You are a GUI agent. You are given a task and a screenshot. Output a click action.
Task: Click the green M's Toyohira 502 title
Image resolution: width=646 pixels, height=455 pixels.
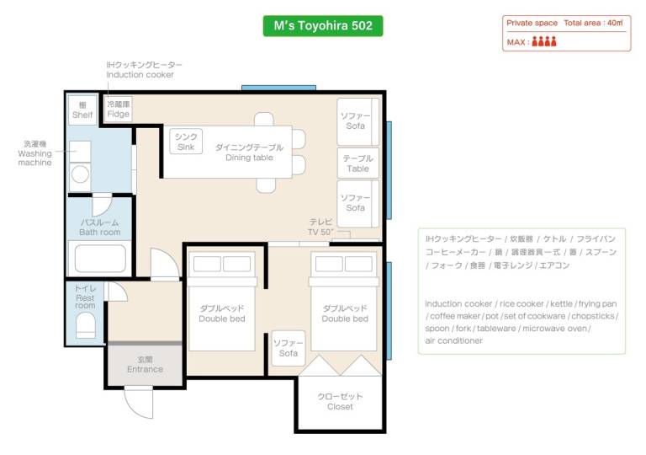tap(323, 25)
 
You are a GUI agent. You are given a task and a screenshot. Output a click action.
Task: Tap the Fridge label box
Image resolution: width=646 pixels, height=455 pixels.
tap(119, 109)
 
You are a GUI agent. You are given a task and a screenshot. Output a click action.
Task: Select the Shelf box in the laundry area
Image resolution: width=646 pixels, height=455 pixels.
tap(82, 110)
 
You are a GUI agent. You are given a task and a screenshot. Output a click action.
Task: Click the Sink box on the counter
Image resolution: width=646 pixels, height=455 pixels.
tap(186, 142)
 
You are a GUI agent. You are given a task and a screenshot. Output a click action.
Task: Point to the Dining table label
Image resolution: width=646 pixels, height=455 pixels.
tap(249, 153)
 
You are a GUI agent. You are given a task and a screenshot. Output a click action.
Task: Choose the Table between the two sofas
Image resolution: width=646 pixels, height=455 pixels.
tap(357, 163)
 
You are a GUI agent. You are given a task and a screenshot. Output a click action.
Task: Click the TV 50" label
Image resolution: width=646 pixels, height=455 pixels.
tap(321, 227)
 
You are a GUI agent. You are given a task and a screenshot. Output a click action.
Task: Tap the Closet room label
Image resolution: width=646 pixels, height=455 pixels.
tap(340, 402)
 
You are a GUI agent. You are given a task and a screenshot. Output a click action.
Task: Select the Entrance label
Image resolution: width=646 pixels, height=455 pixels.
tap(145, 365)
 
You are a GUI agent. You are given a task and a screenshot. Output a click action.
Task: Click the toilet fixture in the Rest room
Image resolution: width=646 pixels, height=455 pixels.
tap(86, 325)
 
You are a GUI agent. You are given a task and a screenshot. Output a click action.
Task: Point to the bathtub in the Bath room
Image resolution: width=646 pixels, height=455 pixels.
tap(100, 258)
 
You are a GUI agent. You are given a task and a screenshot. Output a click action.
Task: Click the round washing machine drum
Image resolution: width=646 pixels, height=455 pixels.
tap(80, 174)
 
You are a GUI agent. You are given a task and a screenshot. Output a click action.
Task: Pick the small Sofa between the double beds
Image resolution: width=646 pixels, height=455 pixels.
tap(289, 348)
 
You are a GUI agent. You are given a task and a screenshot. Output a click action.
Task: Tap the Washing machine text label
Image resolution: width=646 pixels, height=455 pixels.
tap(35, 153)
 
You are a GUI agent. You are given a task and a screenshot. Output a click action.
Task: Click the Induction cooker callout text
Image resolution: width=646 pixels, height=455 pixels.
tap(140, 75)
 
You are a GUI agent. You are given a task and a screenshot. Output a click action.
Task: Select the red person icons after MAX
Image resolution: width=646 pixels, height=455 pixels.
tap(544, 41)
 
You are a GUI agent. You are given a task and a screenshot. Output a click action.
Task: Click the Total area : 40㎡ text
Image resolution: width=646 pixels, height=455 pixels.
tap(593, 23)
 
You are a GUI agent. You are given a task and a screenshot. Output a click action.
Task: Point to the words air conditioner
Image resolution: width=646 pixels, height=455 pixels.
tap(453, 340)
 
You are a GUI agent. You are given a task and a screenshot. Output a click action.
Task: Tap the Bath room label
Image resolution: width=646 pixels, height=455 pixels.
tap(100, 227)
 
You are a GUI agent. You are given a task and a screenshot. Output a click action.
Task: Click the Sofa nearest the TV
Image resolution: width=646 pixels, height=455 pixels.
tap(357, 204)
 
